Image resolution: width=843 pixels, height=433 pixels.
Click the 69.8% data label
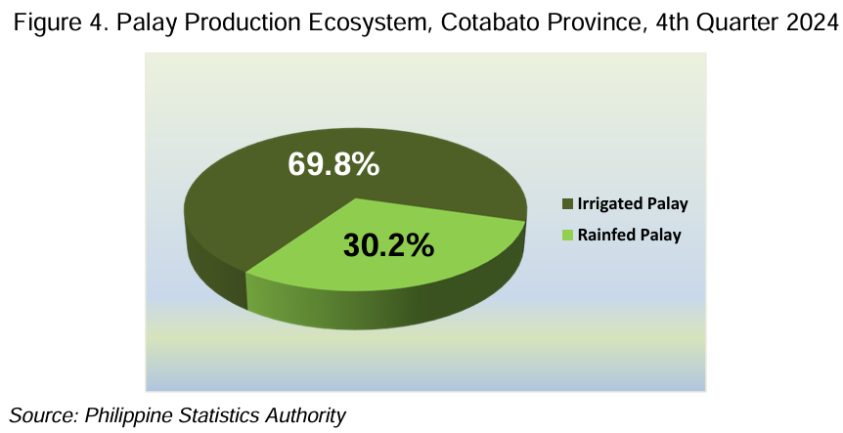point(333,164)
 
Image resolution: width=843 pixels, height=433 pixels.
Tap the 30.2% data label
point(388,245)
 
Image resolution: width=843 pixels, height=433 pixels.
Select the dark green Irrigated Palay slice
point(301,183)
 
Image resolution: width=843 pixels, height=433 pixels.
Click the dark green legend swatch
point(568,204)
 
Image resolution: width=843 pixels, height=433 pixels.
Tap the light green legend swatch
point(568,236)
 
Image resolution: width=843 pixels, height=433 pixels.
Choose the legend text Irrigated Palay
point(633,204)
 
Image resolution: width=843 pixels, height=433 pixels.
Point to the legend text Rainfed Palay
point(630,236)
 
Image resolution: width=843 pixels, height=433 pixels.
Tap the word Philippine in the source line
point(129,415)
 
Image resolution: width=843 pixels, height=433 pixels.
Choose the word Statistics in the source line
point(214,415)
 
